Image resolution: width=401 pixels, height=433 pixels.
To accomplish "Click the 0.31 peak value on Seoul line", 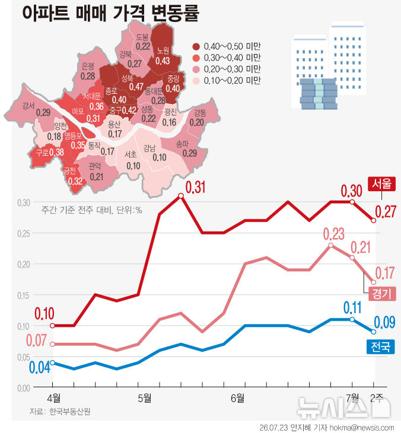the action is (x=195, y=187).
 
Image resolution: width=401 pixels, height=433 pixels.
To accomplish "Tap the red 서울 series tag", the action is (x=381, y=184).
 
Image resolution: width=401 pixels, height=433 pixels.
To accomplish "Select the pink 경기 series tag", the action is (x=382, y=293).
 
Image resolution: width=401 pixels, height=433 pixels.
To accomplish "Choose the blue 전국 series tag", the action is (x=381, y=346).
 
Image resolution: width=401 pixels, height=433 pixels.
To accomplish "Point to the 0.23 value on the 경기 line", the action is (x=334, y=234).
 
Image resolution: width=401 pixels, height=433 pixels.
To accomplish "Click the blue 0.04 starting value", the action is (x=40, y=367).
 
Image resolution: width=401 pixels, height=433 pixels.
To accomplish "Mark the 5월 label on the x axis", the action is (x=145, y=398).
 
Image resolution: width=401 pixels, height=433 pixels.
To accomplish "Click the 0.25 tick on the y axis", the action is (x=24, y=233).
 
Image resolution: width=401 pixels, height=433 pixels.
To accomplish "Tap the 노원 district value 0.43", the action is (x=163, y=61).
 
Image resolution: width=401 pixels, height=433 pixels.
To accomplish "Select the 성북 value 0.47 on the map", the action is (x=136, y=87).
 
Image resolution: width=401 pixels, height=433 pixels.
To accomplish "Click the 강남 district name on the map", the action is (x=149, y=148).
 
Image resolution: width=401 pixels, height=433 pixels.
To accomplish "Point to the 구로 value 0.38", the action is (x=56, y=152).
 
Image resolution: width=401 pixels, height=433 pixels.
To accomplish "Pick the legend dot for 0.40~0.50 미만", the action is (x=196, y=47).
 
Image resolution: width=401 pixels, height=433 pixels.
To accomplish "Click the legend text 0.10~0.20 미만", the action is (x=232, y=81).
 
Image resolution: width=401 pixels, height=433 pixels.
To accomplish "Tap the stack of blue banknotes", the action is (x=319, y=94).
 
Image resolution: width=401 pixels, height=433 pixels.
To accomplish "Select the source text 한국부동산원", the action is (x=70, y=412).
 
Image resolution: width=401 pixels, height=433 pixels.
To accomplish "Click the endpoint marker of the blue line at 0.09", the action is (x=374, y=331).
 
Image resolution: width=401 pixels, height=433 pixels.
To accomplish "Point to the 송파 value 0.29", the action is (x=190, y=153).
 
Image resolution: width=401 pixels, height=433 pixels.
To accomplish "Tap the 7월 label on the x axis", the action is (x=352, y=398).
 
